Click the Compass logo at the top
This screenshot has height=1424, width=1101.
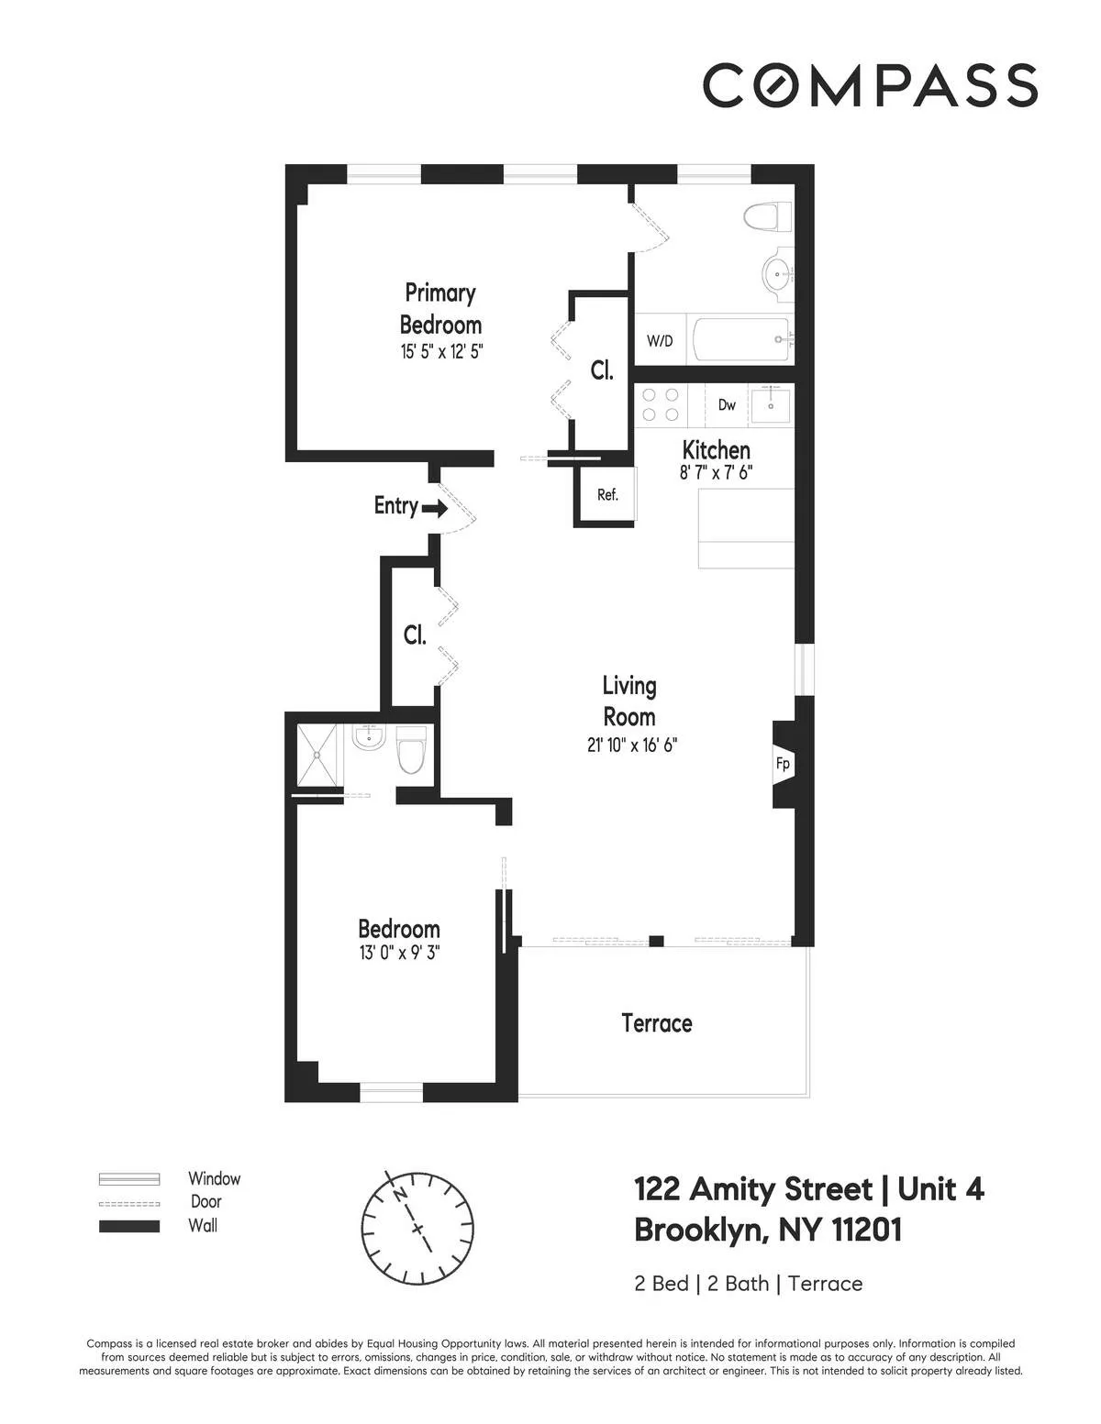[x=870, y=85]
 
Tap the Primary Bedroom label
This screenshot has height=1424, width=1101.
[x=440, y=309]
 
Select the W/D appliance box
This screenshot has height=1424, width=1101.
[x=660, y=341]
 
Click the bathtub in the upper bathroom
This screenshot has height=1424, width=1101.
[x=741, y=340]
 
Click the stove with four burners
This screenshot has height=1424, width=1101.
[x=661, y=405]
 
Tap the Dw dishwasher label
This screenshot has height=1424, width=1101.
[x=727, y=404]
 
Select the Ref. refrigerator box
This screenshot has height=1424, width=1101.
[x=606, y=495]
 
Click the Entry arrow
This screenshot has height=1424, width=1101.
[x=434, y=506]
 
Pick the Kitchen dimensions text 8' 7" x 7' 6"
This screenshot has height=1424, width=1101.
[x=716, y=473]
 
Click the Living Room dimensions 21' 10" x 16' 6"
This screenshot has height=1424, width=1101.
[x=631, y=745]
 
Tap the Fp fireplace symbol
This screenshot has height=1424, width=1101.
[x=783, y=764]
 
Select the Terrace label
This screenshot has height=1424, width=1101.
[x=657, y=1022]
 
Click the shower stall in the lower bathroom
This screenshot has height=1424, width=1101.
[x=318, y=756]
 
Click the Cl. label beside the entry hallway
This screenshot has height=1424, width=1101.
[x=415, y=635]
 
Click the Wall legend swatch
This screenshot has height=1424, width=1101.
[x=129, y=1226]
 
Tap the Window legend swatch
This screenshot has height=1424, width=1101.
[x=129, y=1179]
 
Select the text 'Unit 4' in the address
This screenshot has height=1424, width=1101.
[x=940, y=1189]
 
